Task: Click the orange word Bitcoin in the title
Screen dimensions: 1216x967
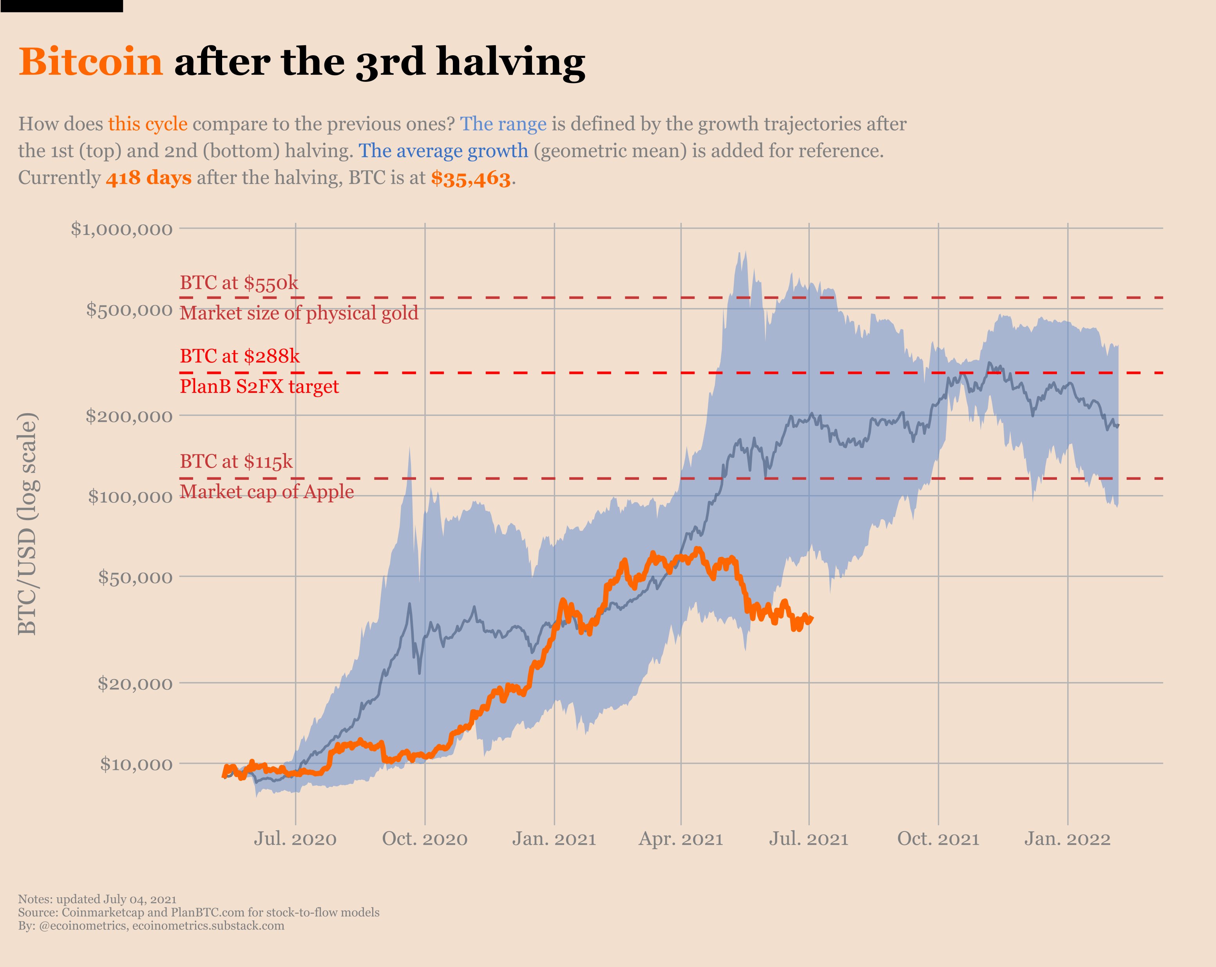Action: [x=91, y=61]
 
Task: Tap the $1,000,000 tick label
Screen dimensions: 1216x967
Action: [x=122, y=229]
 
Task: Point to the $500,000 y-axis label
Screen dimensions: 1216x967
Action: [x=129, y=309]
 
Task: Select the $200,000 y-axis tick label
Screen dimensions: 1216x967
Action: [x=129, y=416]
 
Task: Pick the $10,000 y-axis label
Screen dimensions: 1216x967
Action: [x=136, y=764]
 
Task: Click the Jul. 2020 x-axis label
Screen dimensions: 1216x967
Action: [x=295, y=839]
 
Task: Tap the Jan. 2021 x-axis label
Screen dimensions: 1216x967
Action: [x=554, y=839]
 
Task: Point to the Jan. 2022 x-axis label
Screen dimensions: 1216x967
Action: [x=1068, y=839]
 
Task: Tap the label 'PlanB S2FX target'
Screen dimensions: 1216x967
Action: [x=259, y=387]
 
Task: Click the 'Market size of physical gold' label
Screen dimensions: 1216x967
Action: [x=299, y=313]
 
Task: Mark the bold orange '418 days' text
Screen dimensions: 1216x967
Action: [x=149, y=178]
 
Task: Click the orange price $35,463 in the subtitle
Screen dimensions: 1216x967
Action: [x=471, y=179]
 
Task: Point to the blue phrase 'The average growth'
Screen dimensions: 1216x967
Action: [x=443, y=151]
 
